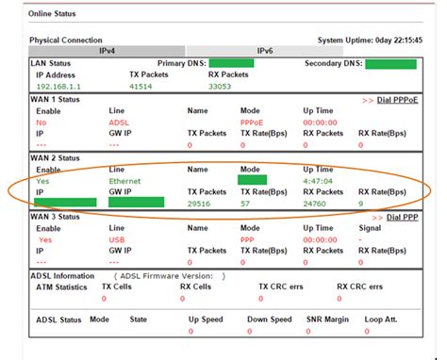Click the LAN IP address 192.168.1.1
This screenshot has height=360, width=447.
click(57, 86)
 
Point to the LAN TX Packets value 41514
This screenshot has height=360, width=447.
click(140, 86)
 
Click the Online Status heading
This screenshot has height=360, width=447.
click(53, 15)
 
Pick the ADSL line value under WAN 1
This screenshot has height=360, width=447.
click(118, 123)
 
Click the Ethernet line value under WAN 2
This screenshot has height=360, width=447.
click(124, 180)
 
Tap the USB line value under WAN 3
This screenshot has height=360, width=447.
click(117, 240)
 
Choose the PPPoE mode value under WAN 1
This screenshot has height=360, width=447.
click(252, 123)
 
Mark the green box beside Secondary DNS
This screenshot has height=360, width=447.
click(390, 64)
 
